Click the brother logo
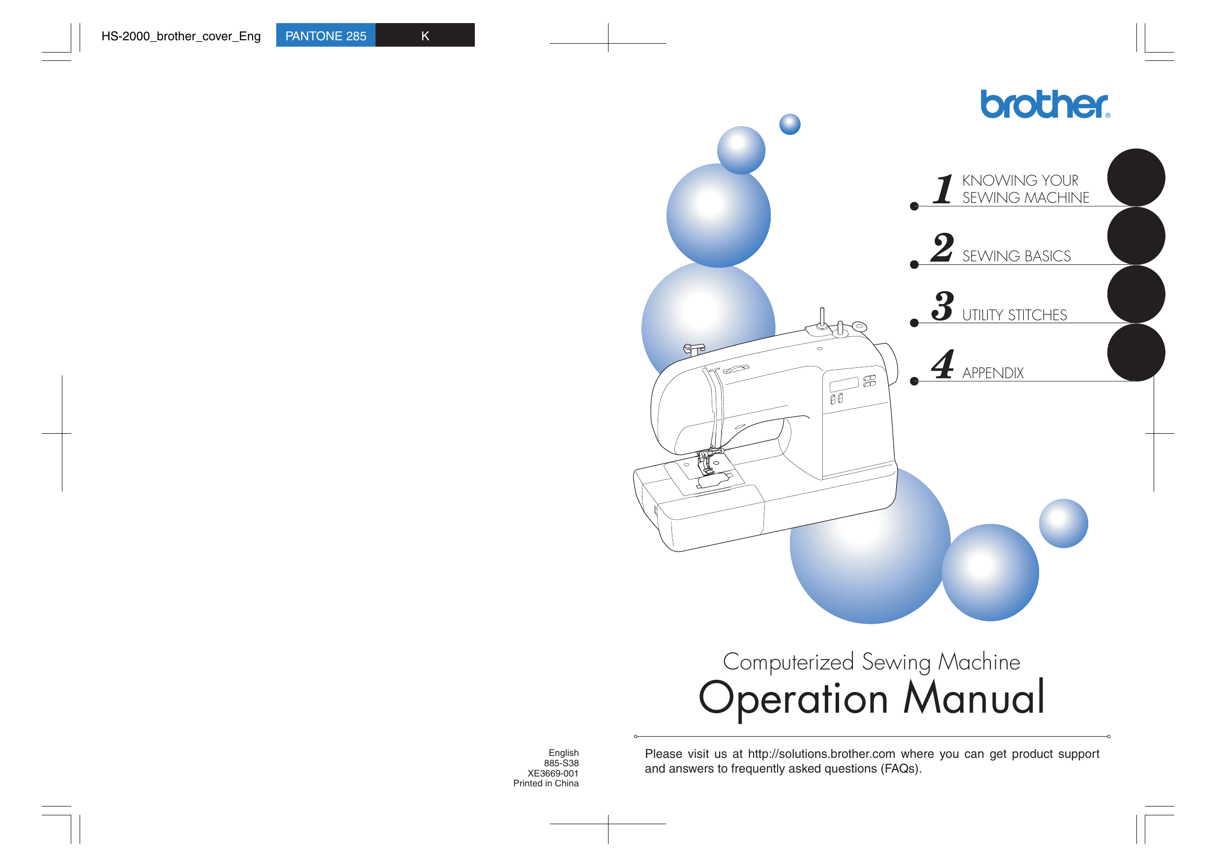tap(1044, 104)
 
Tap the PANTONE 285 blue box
tap(325, 35)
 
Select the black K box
tap(425, 35)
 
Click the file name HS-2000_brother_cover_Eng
tap(181, 36)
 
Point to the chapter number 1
tap(943, 189)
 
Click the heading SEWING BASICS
tap(1016, 256)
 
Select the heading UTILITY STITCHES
tap(1014, 315)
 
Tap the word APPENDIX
tap(992, 373)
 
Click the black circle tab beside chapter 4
tap(1135, 352)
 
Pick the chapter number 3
tap(943, 306)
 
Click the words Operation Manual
tap(871, 697)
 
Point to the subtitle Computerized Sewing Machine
tap(871, 662)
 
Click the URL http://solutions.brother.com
tap(821, 753)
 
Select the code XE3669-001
tap(552, 773)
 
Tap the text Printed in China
tap(546, 783)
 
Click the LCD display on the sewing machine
tap(844, 384)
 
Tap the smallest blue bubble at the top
tap(789, 124)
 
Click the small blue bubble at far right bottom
tap(1063, 523)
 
